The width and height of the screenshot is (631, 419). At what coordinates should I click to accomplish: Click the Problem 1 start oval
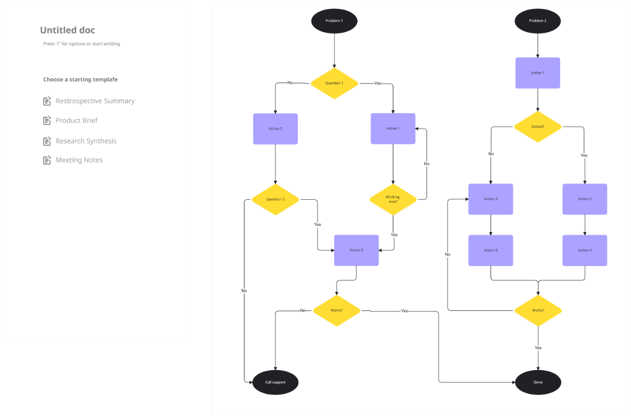(x=334, y=21)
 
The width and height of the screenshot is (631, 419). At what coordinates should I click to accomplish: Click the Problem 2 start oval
(x=537, y=21)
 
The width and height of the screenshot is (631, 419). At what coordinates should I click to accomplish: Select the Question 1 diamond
(x=334, y=83)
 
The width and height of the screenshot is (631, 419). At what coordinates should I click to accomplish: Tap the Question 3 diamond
(x=275, y=199)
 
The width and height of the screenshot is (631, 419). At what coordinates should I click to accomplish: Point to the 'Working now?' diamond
(x=393, y=199)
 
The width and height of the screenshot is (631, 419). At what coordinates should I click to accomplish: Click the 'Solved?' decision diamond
(x=537, y=127)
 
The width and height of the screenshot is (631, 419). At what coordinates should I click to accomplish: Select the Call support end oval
(x=275, y=382)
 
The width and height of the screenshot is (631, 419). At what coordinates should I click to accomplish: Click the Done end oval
(x=537, y=382)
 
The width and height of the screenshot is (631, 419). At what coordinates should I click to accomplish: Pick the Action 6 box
(x=491, y=250)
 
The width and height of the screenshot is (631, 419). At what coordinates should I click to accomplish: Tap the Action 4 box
(x=585, y=250)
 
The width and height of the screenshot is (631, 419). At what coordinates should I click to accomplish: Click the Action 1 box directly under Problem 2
(x=537, y=73)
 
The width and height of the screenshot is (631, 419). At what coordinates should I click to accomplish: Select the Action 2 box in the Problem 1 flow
(x=275, y=129)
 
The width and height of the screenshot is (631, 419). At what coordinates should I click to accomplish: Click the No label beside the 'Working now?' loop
(x=426, y=163)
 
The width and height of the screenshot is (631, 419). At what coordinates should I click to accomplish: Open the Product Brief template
(x=77, y=120)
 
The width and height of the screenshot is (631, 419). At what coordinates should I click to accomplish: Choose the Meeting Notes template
(x=79, y=160)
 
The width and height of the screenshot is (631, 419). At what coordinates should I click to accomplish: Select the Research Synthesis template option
(x=86, y=141)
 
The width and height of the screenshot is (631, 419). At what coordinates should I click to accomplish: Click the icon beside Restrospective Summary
(x=47, y=101)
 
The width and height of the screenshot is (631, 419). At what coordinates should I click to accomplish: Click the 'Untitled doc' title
(x=67, y=30)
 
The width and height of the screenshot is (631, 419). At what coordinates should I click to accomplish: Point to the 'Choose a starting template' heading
(x=80, y=79)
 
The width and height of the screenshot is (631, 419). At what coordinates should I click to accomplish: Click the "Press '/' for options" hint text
(x=82, y=44)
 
